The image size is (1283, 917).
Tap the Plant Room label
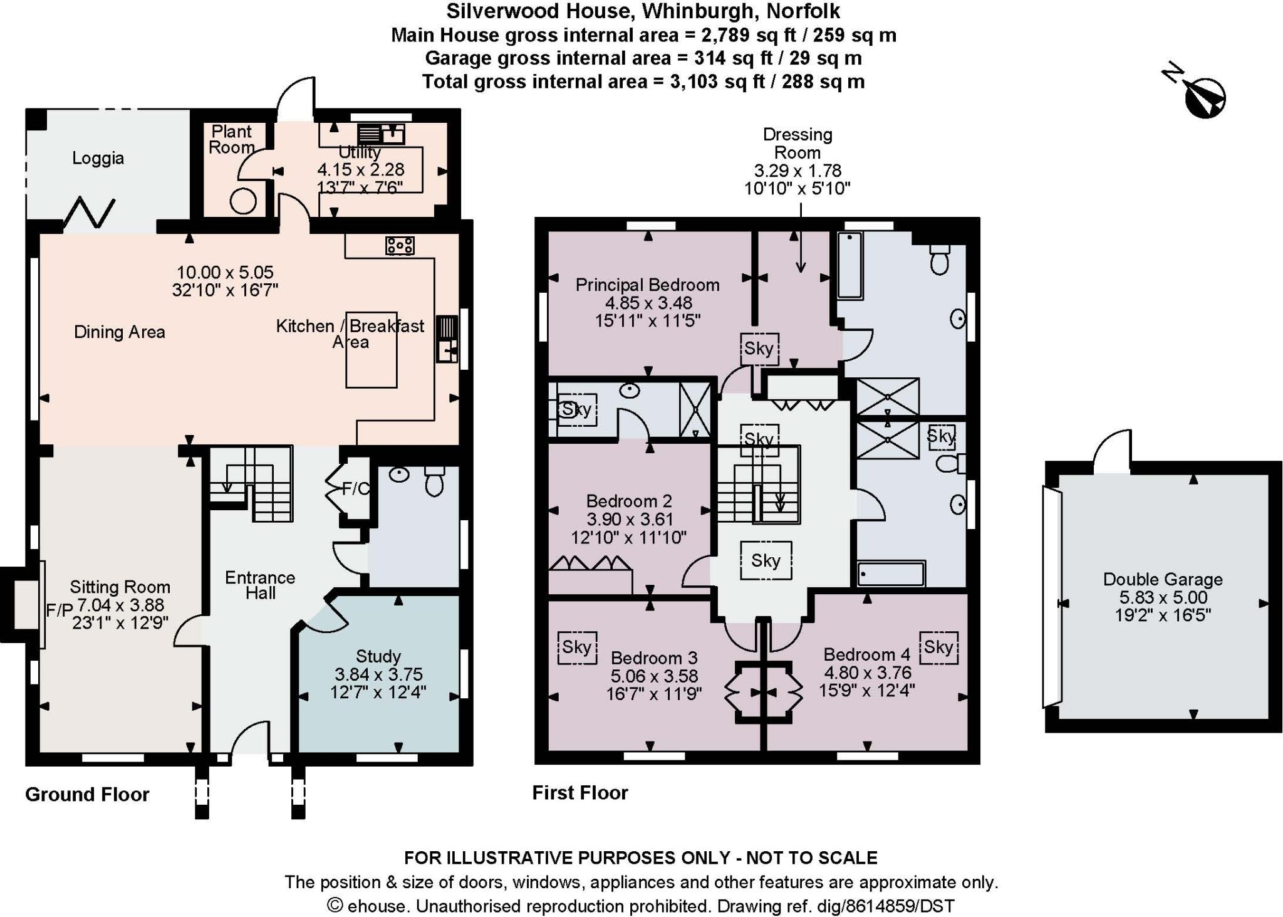tap(231, 139)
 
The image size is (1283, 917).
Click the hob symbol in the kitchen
tap(400, 245)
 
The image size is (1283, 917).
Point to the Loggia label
tap(98, 158)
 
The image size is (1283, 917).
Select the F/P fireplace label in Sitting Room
tap(60, 610)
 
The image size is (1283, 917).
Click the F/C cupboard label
tap(355, 489)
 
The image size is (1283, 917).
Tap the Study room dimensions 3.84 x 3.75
tap(378, 674)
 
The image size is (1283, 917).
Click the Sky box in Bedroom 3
tap(577, 647)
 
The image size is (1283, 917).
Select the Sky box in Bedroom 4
tap(938, 647)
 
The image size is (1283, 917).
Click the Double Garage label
tap(1163, 579)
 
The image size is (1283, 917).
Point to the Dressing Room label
tap(797, 144)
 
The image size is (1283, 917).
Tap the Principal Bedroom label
tap(647, 285)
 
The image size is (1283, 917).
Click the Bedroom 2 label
tap(629, 501)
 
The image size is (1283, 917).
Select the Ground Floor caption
tap(87, 795)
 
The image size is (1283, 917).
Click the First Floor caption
tap(579, 793)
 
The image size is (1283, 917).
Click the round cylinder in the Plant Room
tap(242, 202)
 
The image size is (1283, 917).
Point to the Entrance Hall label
tap(260, 585)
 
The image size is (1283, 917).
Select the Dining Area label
tap(120, 332)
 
